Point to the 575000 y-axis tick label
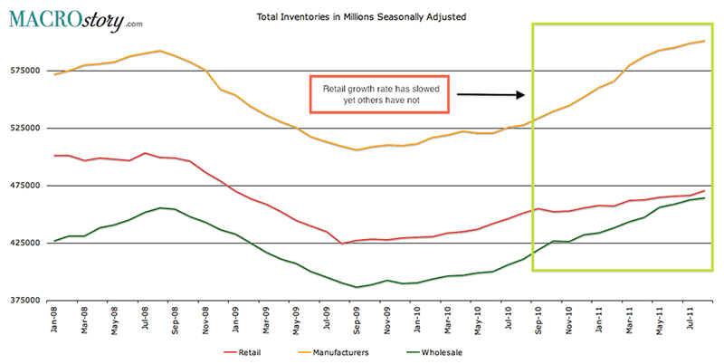click(x=23, y=71)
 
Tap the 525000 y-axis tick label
click(x=23, y=128)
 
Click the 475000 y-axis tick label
click(x=23, y=186)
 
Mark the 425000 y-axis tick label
click(x=23, y=243)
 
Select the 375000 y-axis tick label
click(x=23, y=301)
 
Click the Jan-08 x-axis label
click(x=56, y=321)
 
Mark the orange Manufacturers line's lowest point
click(x=357, y=150)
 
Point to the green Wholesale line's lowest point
click(x=357, y=287)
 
